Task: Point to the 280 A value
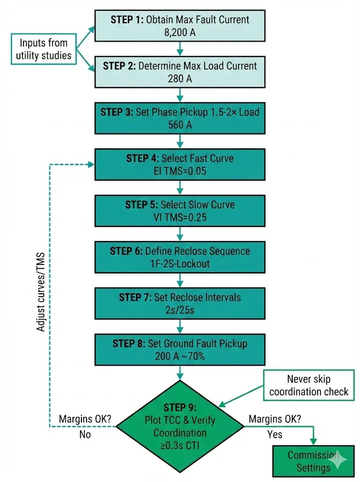(x=180, y=79)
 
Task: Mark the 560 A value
(x=180, y=125)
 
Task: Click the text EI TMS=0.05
(x=180, y=171)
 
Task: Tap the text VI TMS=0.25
(x=180, y=217)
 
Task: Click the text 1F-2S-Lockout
(x=180, y=264)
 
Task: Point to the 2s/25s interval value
(x=180, y=310)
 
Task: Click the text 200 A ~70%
(x=180, y=356)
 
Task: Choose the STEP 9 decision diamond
(x=180, y=426)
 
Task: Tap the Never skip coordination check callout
(x=309, y=385)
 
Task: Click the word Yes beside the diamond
(x=275, y=434)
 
